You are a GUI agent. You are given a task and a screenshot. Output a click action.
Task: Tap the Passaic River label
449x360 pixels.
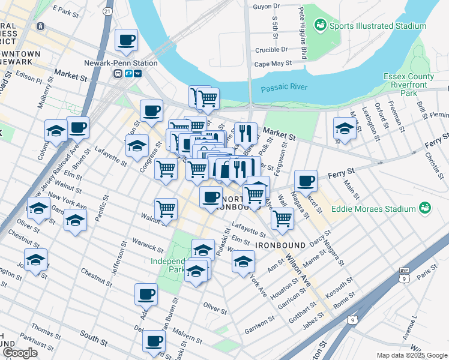284,88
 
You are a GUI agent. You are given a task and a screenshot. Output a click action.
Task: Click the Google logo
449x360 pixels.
20,353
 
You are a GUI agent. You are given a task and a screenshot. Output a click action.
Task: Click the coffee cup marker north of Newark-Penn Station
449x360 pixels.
126,40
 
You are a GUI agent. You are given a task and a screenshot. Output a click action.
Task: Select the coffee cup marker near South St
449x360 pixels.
154,341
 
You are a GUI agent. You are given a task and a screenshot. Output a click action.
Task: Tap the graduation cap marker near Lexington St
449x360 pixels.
345,128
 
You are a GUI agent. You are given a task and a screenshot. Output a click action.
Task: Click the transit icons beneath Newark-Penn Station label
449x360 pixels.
128,73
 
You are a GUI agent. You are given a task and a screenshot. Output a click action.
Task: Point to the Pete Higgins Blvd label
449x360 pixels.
303,33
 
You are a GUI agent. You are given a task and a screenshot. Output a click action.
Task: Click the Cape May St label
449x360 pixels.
273,63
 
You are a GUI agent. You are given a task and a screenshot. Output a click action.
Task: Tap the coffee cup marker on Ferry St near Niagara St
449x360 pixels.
306,180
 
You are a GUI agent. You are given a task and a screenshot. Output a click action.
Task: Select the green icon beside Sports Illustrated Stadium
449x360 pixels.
321,25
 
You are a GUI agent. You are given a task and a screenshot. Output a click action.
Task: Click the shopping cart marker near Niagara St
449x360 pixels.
282,218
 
